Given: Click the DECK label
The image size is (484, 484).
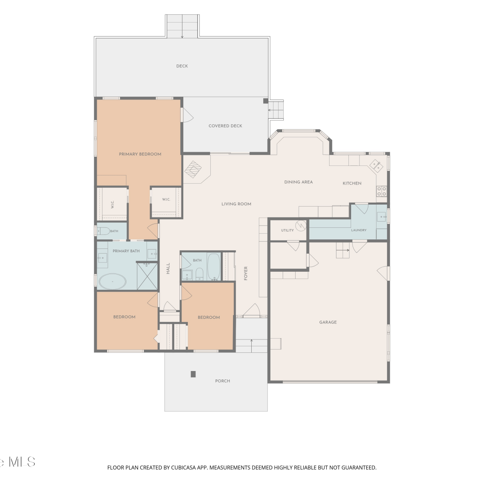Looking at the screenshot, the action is (182, 66).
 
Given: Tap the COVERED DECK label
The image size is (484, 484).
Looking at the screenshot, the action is (225, 126).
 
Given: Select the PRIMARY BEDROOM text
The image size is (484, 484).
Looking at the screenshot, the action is (140, 154).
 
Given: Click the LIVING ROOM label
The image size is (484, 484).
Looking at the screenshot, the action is (236, 204).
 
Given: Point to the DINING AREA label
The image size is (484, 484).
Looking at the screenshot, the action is (298, 182).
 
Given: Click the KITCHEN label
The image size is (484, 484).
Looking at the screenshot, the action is (352, 183).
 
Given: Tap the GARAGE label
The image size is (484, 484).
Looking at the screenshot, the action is (328, 322).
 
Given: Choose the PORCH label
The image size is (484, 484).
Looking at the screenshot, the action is (223, 381).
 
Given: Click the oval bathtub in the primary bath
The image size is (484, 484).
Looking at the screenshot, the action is (112, 281).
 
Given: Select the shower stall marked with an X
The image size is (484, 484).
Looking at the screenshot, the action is (147, 277).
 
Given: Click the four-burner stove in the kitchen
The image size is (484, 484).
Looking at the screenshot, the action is (381, 191).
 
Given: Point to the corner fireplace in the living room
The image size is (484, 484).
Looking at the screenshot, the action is (193, 169).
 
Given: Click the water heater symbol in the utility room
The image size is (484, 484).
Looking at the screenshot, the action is (300, 226).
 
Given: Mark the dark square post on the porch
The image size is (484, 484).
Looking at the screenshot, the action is (193, 374).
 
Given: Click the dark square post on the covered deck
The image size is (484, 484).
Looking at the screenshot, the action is (266, 101).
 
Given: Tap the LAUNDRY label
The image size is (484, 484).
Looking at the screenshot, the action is (359, 230).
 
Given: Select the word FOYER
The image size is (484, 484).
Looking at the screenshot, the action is (246, 273).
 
